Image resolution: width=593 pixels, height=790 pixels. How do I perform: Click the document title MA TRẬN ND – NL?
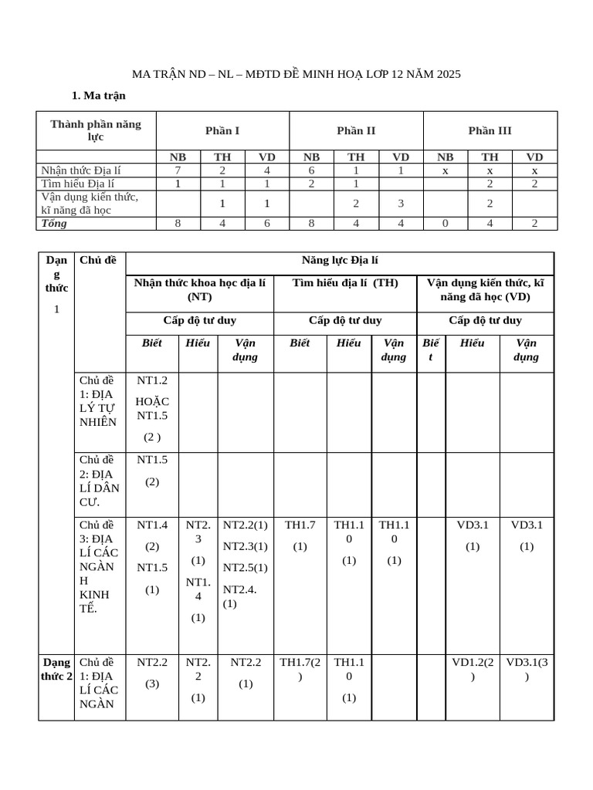click(x=296, y=74)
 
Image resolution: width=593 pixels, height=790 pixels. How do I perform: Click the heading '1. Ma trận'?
click(x=98, y=96)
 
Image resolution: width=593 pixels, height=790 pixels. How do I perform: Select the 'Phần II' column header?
click(x=356, y=130)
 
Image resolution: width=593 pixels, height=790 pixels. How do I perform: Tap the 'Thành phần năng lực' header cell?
click(x=96, y=130)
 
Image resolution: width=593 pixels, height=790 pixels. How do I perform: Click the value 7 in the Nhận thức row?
click(x=178, y=170)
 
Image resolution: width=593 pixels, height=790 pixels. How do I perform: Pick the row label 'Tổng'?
click(x=55, y=223)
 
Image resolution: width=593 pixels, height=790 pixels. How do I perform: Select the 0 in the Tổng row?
click(x=445, y=223)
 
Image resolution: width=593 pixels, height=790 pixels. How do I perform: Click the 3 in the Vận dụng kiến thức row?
click(x=401, y=204)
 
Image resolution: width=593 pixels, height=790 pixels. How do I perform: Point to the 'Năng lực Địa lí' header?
click(x=339, y=261)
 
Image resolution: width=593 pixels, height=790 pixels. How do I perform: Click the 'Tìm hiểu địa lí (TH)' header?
click(x=345, y=282)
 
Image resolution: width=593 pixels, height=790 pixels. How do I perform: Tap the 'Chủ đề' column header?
click(x=97, y=260)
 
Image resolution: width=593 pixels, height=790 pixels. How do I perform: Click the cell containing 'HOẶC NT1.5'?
click(x=152, y=408)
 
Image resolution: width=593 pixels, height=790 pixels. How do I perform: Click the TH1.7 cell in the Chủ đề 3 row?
click(x=300, y=535)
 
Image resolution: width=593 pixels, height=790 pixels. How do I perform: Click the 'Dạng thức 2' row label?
click(x=56, y=669)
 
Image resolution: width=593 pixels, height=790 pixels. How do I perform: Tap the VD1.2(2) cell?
click(x=473, y=669)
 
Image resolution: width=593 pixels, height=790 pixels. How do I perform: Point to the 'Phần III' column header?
click(x=490, y=130)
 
